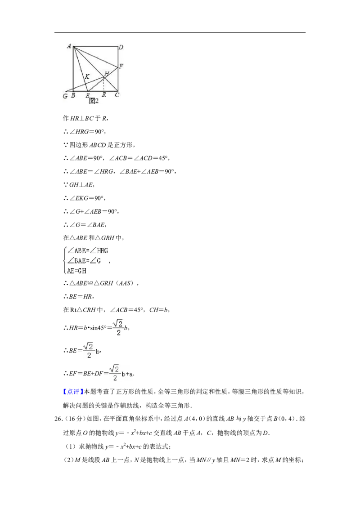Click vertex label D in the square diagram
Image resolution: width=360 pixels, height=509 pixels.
(x=121, y=47)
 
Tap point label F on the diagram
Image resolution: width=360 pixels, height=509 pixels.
(x=121, y=66)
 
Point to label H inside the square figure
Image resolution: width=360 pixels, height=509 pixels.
(x=107, y=73)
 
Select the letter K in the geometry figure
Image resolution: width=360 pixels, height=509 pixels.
(x=87, y=77)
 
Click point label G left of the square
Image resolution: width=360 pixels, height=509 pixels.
(x=65, y=96)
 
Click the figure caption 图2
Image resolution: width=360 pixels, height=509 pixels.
(x=94, y=101)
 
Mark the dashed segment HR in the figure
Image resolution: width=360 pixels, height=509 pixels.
(x=103, y=84)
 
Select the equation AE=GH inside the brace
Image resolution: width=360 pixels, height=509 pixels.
(x=76, y=271)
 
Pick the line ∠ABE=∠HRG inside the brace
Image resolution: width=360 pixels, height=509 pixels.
(x=88, y=250)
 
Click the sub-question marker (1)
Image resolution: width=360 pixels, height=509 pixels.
(x=71, y=446)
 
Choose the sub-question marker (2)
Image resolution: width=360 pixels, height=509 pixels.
(x=68, y=460)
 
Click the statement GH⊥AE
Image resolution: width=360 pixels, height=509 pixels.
(x=79, y=185)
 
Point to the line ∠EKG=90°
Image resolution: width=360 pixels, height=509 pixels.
(x=85, y=198)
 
